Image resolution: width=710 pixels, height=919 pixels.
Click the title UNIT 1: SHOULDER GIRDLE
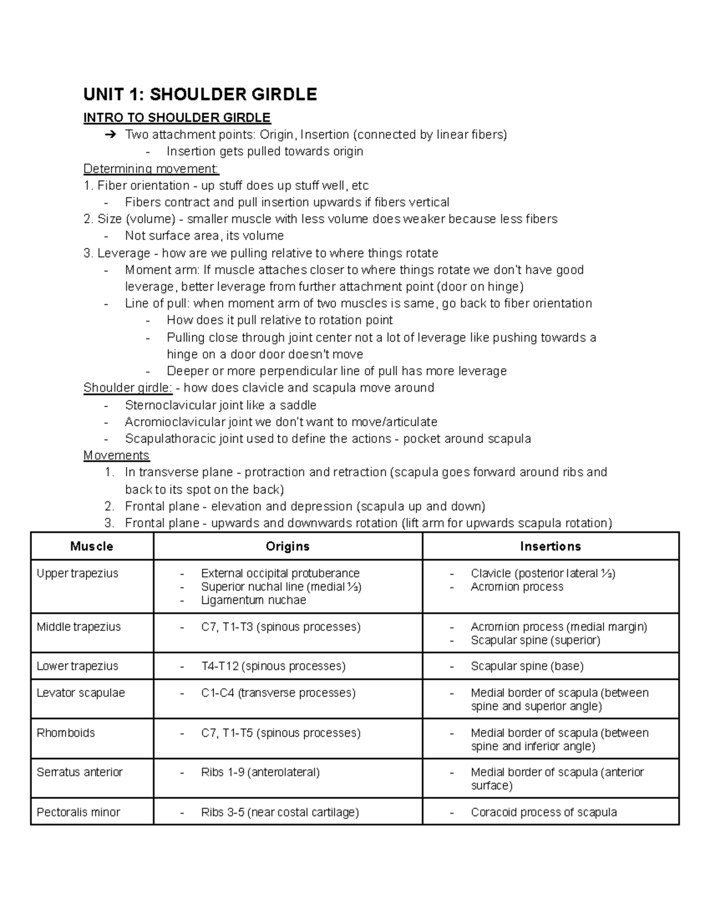point(200,94)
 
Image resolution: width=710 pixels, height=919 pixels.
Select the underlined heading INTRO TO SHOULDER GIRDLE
point(177,118)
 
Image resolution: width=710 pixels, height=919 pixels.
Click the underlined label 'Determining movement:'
point(151,169)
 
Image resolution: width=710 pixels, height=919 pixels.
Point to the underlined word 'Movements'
point(117,455)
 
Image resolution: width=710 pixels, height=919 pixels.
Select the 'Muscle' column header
point(92,546)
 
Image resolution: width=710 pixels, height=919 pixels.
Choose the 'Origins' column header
point(288,546)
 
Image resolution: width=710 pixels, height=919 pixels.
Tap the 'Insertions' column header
point(550,546)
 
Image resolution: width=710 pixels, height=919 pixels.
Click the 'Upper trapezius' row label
point(78,573)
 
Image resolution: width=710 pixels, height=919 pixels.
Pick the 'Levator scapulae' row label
point(80,692)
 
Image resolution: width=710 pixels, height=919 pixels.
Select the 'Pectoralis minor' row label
point(78,812)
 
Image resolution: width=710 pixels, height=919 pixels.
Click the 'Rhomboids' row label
point(66,733)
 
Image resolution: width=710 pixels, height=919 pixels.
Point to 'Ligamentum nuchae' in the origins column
point(253,600)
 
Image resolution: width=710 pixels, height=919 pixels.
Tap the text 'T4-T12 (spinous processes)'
point(273,666)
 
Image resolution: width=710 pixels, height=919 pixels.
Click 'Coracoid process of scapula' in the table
point(544,812)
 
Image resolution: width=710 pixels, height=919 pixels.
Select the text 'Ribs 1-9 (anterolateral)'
point(260,772)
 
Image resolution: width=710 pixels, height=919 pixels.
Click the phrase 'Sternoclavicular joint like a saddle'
point(221,405)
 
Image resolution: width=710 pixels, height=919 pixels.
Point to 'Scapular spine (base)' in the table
point(527,666)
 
